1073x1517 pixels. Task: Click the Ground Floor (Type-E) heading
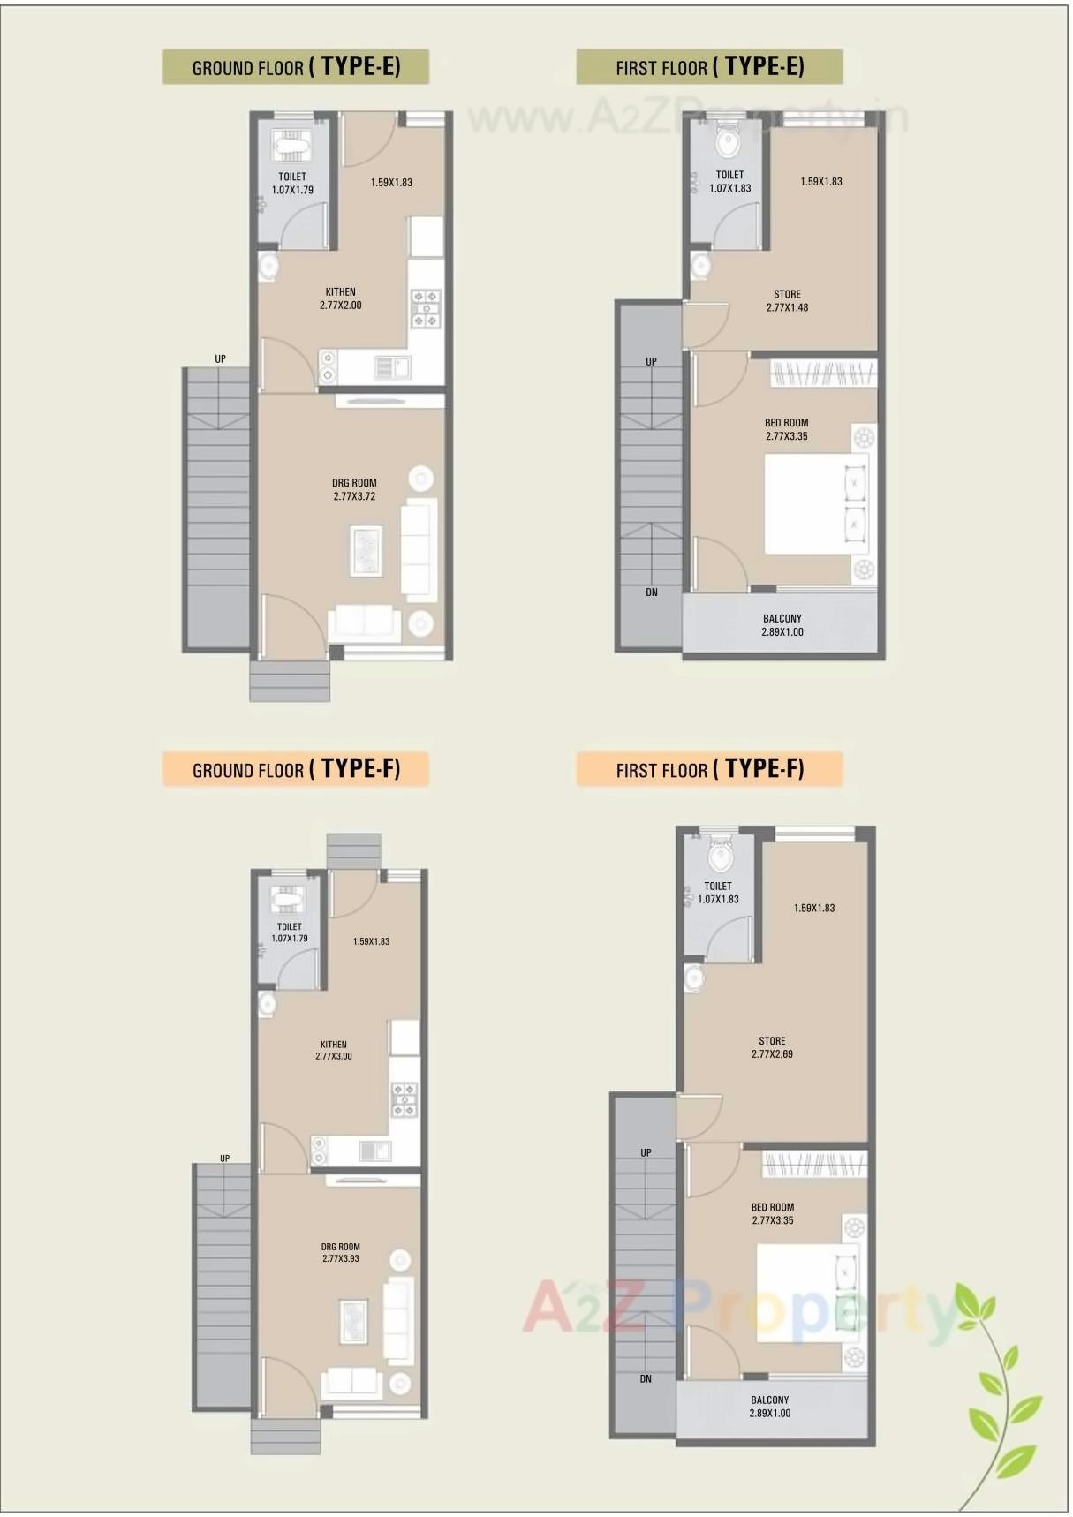click(x=296, y=67)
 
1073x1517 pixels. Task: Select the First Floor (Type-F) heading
click(x=709, y=769)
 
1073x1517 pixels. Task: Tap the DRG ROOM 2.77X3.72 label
click(x=354, y=490)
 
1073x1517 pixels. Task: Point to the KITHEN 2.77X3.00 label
click(x=334, y=1050)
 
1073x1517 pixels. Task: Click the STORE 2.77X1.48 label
click(x=787, y=301)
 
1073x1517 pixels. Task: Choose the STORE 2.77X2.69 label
click(x=772, y=1047)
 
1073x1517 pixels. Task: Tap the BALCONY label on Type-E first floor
click(x=782, y=625)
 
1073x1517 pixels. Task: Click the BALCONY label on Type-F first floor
click(x=770, y=1407)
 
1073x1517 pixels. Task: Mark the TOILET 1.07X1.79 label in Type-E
click(x=292, y=184)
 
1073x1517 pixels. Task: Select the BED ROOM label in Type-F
click(x=773, y=1213)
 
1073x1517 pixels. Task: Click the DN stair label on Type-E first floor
click(x=652, y=592)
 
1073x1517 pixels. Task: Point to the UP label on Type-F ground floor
click(x=225, y=1159)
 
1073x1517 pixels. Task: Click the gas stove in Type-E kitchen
click(x=427, y=309)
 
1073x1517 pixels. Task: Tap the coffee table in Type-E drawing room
click(x=366, y=550)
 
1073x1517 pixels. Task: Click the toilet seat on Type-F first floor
click(x=722, y=855)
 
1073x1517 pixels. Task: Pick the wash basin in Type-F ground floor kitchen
click(x=267, y=1004)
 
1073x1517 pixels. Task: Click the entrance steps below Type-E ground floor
click(x=290, y=682)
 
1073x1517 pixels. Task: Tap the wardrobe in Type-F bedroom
click(x=814, y=1165)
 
